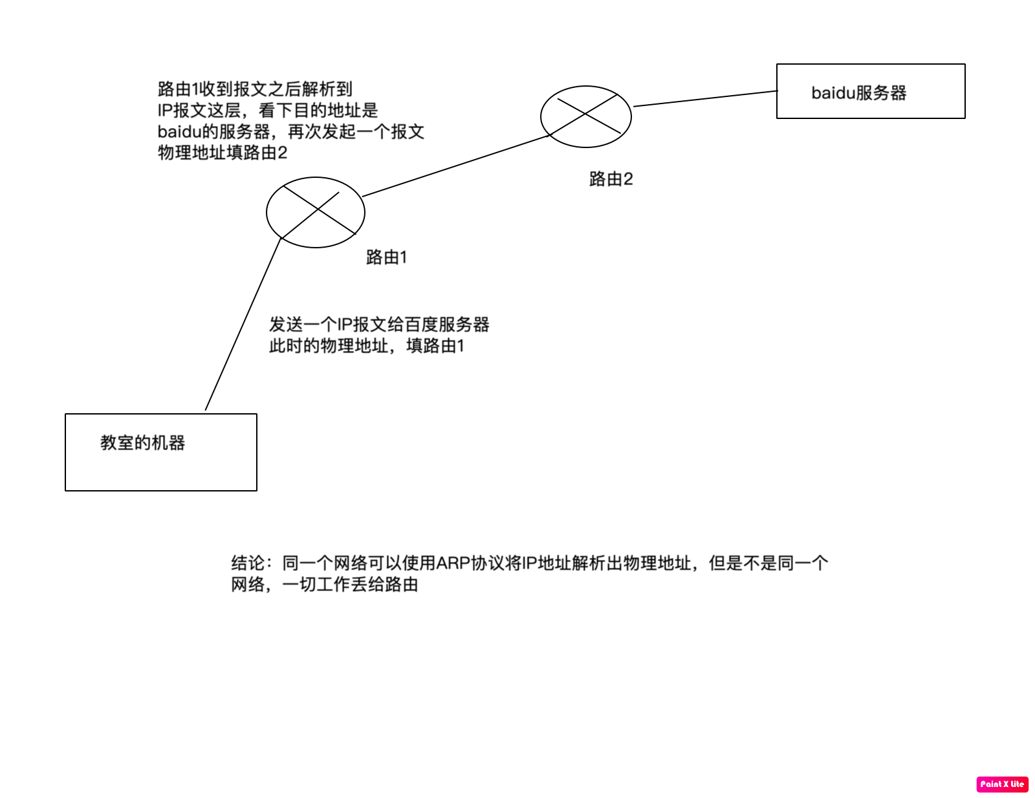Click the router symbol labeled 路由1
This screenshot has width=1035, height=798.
click(315, 212)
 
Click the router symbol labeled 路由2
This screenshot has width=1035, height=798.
click(585, 116)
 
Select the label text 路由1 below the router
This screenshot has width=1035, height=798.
click(386, 257)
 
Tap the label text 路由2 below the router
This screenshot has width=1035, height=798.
click(611, 179)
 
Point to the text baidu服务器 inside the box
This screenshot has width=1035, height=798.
click(858, 93)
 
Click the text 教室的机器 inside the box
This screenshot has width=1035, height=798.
click(142, 443)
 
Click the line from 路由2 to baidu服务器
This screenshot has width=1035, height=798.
click(705, 98)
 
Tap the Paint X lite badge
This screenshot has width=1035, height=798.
click(1001, 784)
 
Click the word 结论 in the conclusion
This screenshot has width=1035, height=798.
click(248, 563)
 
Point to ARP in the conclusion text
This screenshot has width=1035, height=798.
click(453, 563)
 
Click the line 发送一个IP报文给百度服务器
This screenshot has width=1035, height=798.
click(379, 325)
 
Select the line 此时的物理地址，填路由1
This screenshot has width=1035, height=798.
click(367, 346)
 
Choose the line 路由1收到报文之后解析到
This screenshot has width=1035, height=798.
click(255, 89)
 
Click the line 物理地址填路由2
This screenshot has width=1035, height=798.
click(223, 153)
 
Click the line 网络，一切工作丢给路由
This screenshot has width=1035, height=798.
click(324, 585)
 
